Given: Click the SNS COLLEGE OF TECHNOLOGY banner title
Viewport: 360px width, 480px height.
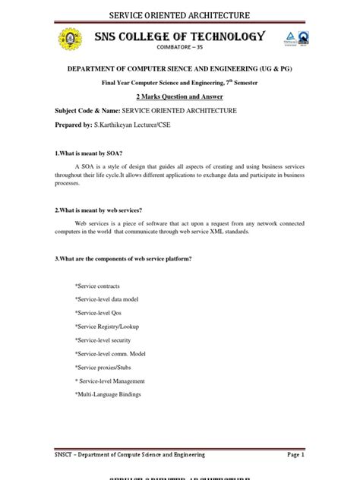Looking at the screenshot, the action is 179,36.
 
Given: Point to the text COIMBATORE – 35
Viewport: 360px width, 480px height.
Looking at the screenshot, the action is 179,49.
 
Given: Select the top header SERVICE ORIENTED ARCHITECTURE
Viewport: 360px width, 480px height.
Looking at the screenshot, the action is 180,15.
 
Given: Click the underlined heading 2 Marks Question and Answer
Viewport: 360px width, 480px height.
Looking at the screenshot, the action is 180,97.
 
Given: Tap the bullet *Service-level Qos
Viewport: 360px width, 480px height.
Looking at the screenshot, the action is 98,313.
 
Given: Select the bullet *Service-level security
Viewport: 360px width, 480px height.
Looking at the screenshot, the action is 103,340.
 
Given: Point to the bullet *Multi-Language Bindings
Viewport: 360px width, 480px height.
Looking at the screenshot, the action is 108,395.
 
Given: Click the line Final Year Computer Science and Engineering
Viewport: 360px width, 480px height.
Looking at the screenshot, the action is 180,82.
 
